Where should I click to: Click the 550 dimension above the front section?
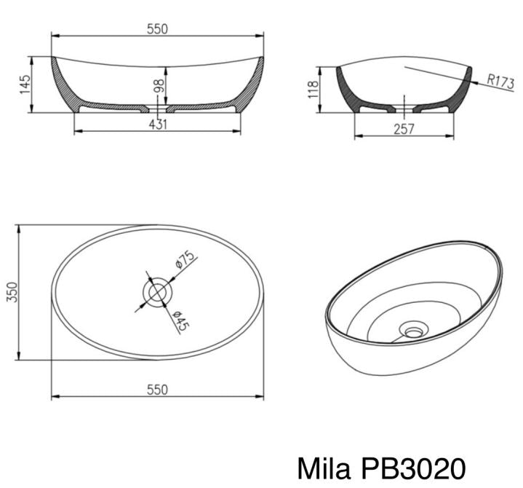[x=157, y=28]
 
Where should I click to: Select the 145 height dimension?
[x=25, y=84]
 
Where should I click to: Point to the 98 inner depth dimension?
[x=159, y=85]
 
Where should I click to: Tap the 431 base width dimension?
[x=158, y=124]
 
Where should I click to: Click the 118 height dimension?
[x=314, y=90]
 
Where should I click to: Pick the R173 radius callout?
[x=500, y=82]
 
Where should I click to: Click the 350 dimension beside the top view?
[x=11, y=292]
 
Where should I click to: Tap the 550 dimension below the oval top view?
[x=157, y=389]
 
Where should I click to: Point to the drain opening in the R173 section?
[x=404, y=110]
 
